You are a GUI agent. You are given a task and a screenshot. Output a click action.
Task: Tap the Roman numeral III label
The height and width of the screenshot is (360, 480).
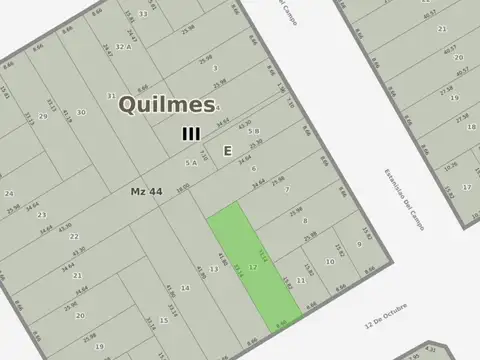point(191,133)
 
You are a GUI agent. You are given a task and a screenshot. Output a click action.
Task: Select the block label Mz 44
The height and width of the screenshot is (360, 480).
point(146,190)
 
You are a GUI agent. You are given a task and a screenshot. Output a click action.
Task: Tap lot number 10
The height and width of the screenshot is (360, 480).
point(330,262)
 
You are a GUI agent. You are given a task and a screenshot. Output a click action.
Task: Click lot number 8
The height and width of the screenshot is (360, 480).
point(306,220)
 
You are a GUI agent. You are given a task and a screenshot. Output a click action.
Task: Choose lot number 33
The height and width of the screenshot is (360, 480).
point(143,14)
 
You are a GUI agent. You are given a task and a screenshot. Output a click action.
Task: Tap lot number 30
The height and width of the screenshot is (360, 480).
point(81,112)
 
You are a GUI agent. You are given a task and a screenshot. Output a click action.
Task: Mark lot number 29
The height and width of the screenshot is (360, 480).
point(43,116)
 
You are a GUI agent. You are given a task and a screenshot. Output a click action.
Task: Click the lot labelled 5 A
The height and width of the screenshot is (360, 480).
point(189,161)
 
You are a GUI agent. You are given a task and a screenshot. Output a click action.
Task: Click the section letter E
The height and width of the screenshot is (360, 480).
point(228,150)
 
